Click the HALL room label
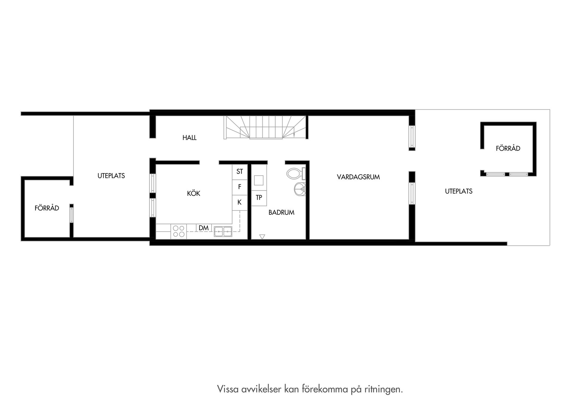click(190, 138)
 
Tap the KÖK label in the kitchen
click(193, 193)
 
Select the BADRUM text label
click(281, 212)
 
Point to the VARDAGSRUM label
click(358, 177)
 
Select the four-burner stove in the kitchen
click(178, 231)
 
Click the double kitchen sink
click(223, 231)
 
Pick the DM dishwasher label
click(204, 228)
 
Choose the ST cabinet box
click(240, 172)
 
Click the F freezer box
click(240, 187)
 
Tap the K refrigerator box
click(240, 202)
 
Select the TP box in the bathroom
click(259, 198)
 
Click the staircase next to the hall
click(266, 127)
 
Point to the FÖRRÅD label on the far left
click(47, 208)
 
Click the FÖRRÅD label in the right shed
click(508, 148)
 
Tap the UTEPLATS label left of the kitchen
click(111, 176)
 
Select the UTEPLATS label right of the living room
click(458, 191)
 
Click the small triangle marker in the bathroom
click(262, 237)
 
